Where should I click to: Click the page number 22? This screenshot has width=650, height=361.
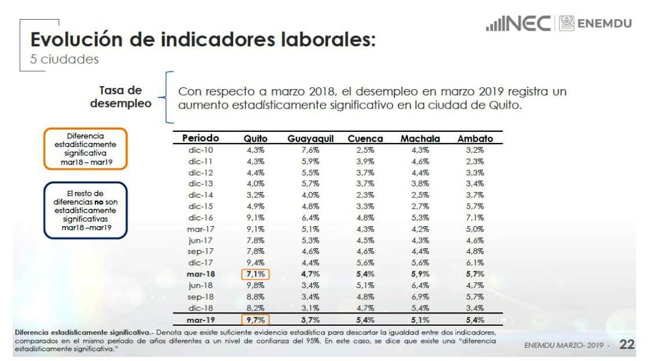click(627, 345)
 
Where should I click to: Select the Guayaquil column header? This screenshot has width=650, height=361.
click(311, 139)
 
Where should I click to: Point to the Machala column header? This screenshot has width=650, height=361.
click(420, 139)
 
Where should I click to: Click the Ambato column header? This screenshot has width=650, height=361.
click(475, 139)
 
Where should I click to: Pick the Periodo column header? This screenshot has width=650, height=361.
click(201, 138)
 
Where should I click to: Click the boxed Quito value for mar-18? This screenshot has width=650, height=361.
click(256, 274)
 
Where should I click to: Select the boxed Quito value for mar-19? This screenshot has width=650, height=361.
click(256, 319)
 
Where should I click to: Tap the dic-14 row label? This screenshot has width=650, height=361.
click(201, 195)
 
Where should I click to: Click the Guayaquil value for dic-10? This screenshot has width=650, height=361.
click(311, 150)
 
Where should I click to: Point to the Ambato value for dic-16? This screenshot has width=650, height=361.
click(475, 218)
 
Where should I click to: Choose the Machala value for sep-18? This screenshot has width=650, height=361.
click(420, 296)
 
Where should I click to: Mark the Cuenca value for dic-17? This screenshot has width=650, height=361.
click(365, 263)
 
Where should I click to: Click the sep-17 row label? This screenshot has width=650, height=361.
click(201, 251)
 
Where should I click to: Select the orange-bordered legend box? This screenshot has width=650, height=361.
click(85, 149)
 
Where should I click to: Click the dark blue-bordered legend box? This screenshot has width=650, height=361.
click(85, 210)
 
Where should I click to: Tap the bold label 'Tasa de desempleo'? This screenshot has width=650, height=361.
click(120, 97)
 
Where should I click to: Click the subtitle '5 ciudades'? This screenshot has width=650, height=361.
click(65, 60)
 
